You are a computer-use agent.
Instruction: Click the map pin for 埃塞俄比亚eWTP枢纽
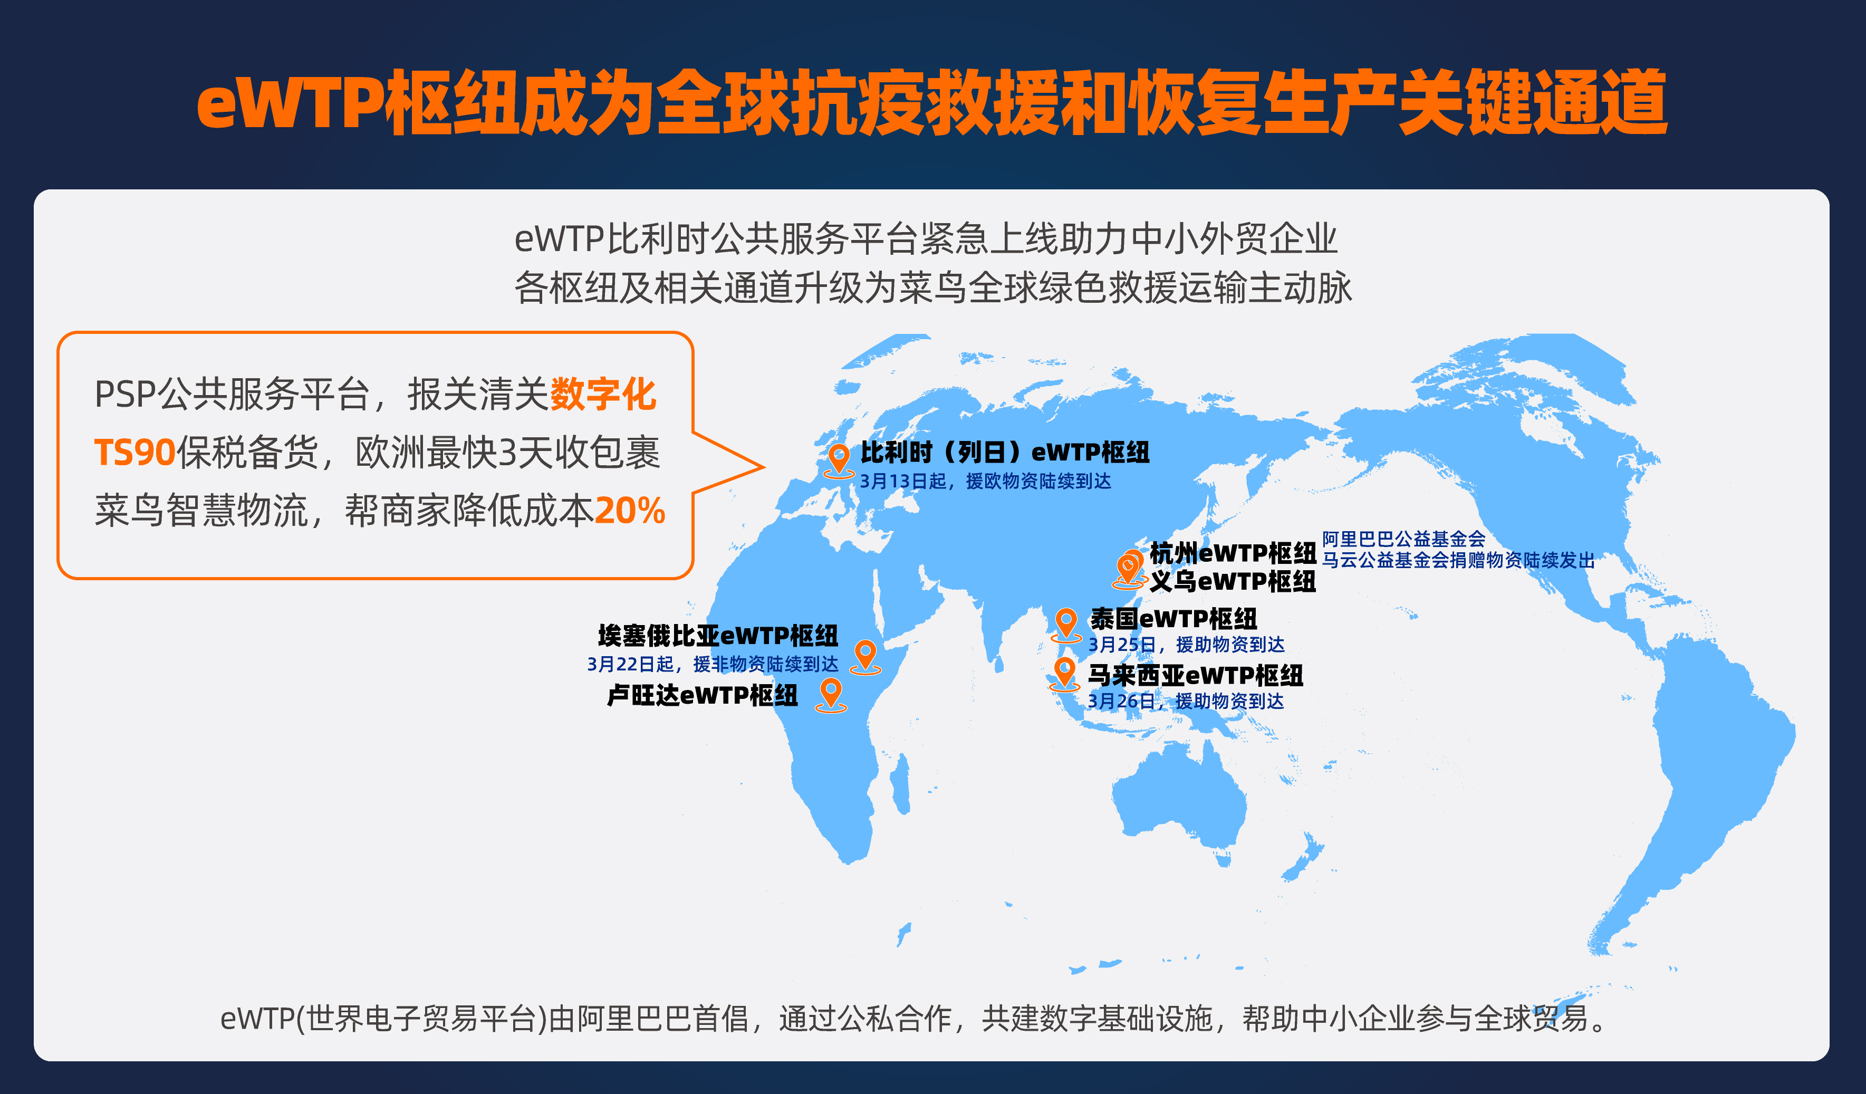865,655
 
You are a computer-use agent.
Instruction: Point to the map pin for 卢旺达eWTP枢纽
831,693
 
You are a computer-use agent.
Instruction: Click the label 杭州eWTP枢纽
1232,553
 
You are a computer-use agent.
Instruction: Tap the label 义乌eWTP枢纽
1232,581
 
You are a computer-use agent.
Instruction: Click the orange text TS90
134,452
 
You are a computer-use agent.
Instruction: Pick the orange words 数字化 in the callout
603,394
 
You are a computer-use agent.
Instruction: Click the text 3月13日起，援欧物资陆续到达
985,482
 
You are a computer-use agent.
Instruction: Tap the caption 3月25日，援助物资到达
1186,645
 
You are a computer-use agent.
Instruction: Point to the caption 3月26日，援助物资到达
1186,700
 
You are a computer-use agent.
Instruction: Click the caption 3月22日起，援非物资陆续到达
713,664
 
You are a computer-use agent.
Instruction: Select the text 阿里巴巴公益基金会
1403,539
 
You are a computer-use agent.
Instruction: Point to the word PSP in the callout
125,394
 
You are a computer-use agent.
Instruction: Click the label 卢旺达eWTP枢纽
702,695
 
